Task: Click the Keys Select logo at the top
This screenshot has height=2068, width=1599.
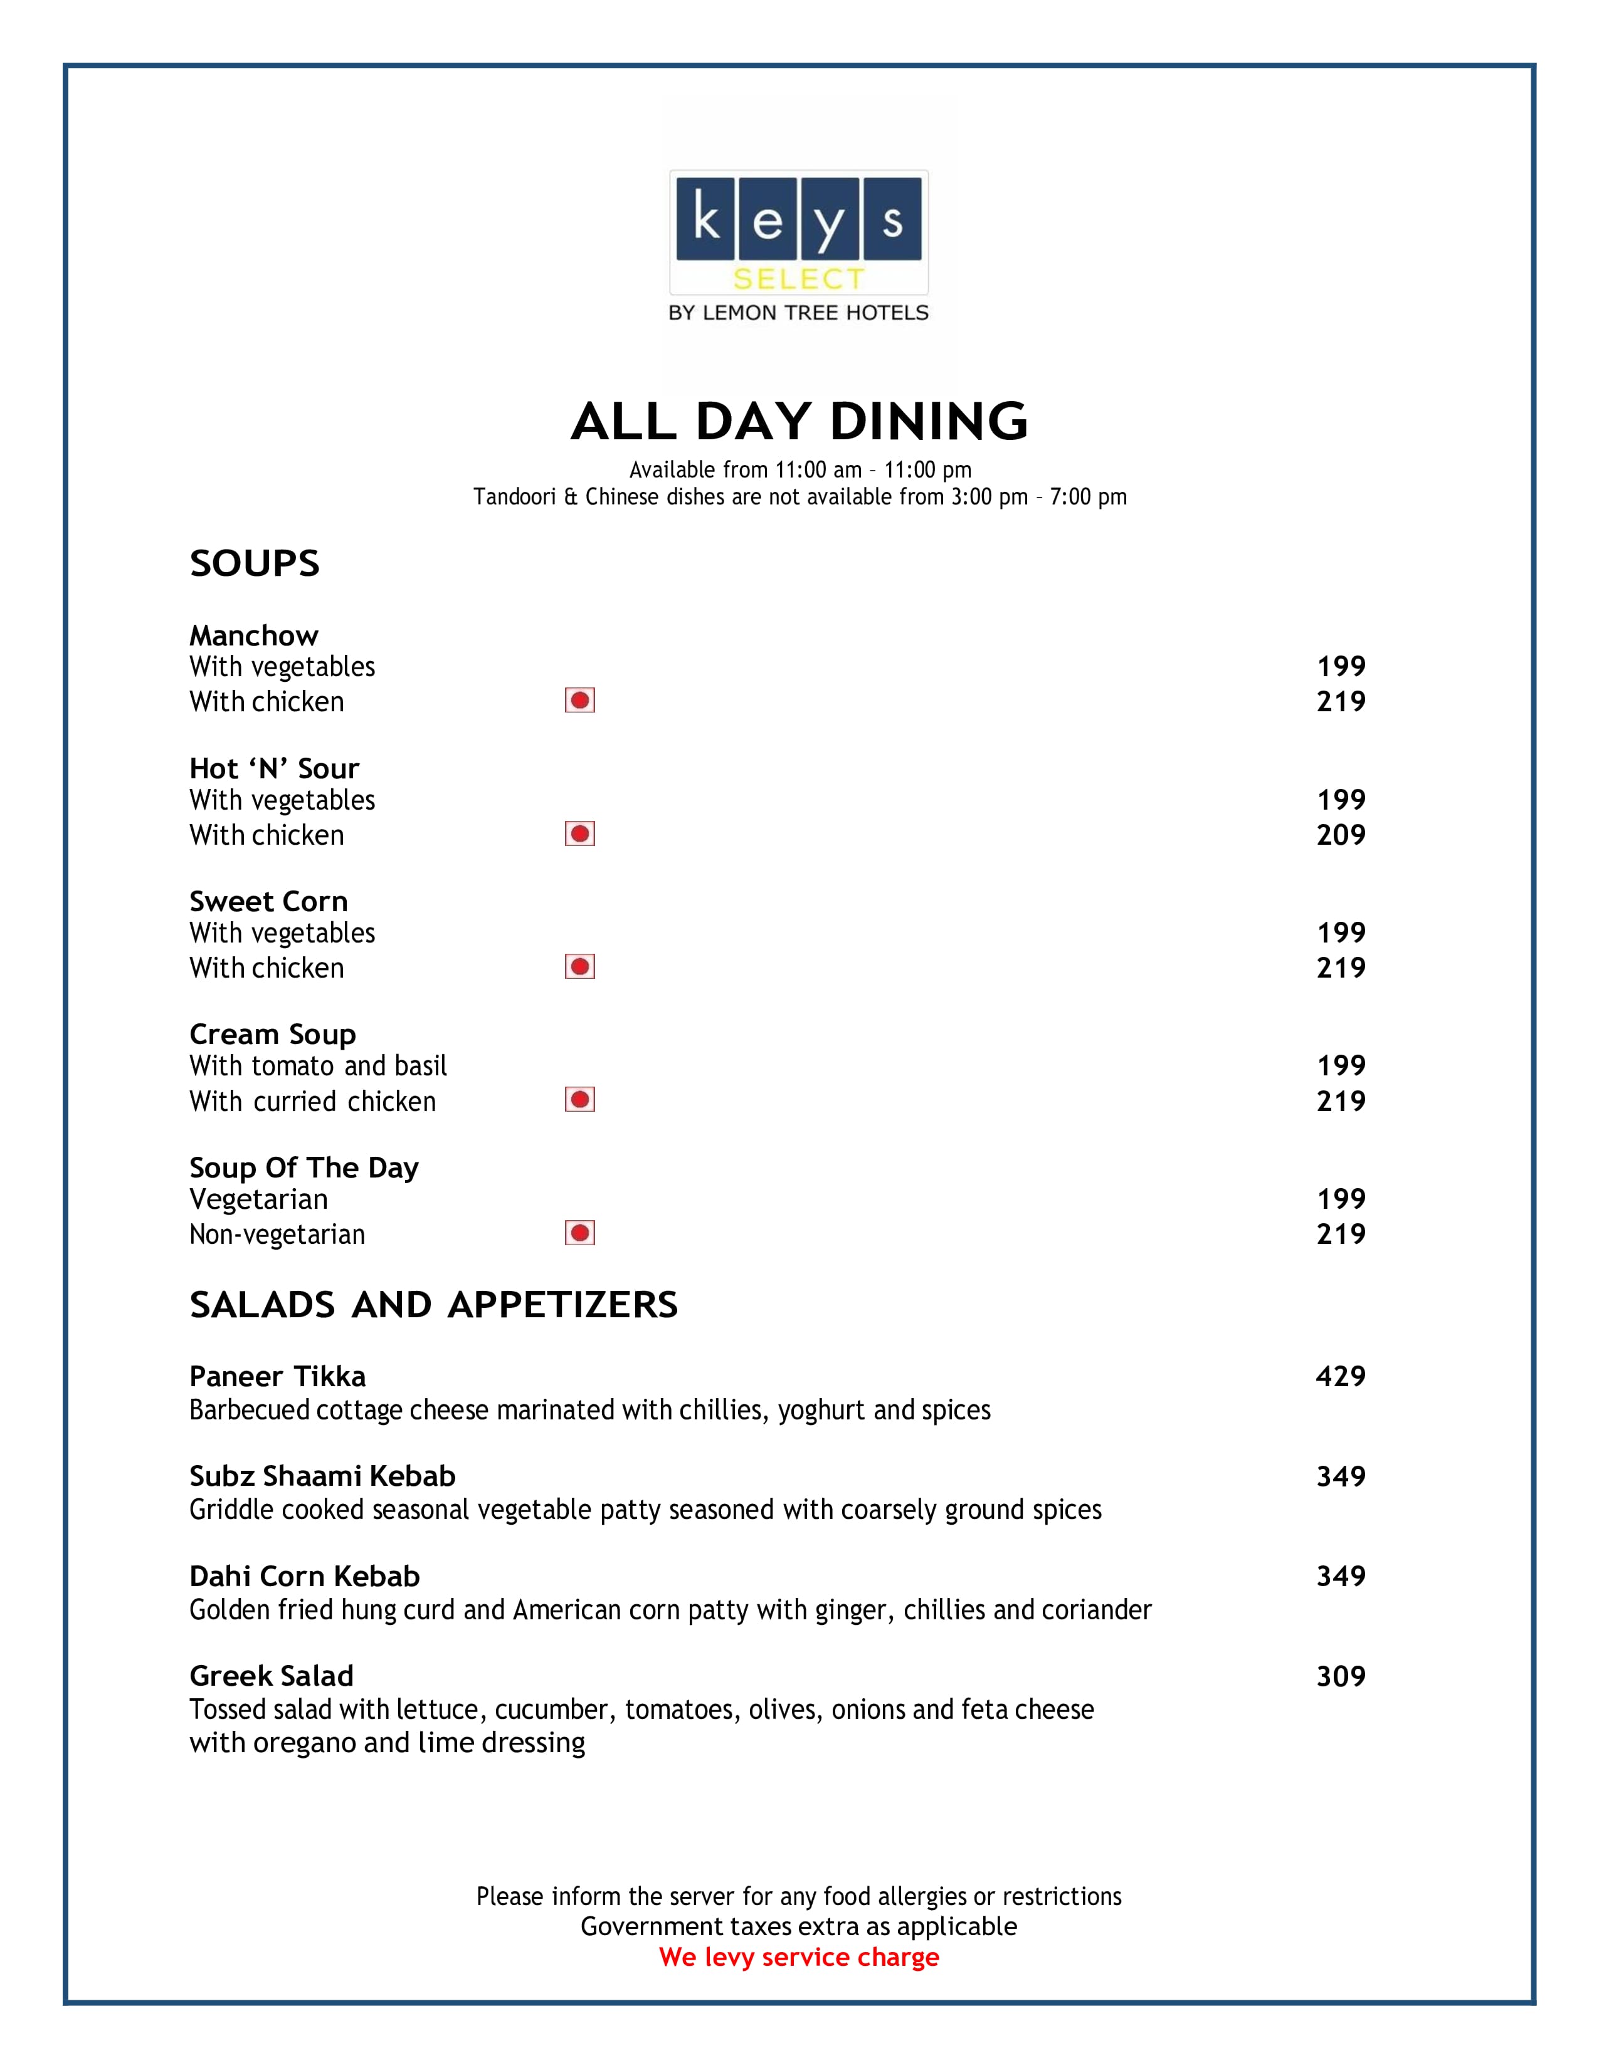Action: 798,244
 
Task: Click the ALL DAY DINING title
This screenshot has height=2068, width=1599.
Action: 798,421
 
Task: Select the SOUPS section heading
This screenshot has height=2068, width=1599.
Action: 255,563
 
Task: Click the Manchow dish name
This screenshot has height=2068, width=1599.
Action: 254,635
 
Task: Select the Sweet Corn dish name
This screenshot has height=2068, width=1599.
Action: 268,901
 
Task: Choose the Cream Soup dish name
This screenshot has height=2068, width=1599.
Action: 273,1034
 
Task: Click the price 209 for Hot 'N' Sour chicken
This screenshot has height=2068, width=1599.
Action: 1341,835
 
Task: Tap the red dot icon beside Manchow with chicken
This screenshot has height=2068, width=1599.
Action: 580,701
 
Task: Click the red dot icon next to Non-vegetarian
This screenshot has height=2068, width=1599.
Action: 580,1233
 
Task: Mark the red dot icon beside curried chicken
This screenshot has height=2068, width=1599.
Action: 580,1099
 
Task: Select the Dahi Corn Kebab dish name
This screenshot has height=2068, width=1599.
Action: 304,1575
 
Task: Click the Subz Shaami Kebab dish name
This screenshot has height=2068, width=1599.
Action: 322,1476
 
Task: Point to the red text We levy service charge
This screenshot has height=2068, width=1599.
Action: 798,1957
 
